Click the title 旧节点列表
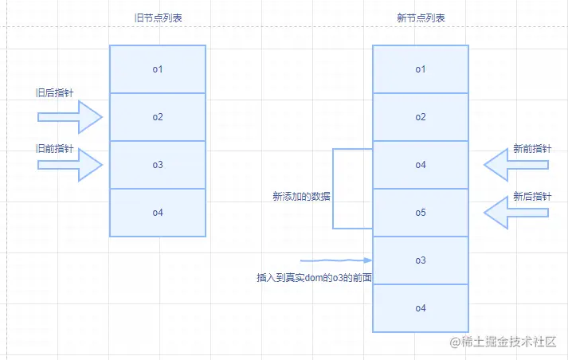[158, 18]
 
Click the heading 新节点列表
[421, 18]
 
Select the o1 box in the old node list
[158, 69]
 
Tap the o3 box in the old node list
[158, 165]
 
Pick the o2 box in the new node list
[421, 117]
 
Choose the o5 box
[421, 213]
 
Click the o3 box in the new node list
[421, 260]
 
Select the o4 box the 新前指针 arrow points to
[421, 165]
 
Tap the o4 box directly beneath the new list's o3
[421, 308]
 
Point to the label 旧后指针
[55, 92]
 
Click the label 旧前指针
[55, 148]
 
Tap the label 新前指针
[532, 148]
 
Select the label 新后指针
[532, 196]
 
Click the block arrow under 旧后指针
[70, 117]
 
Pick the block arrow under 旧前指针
[70, 165]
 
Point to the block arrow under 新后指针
[516, 213]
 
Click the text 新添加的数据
[301, 196]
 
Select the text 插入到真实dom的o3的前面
[315, 277]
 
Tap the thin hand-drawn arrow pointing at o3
[336, 260]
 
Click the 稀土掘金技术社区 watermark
[503, 342]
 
